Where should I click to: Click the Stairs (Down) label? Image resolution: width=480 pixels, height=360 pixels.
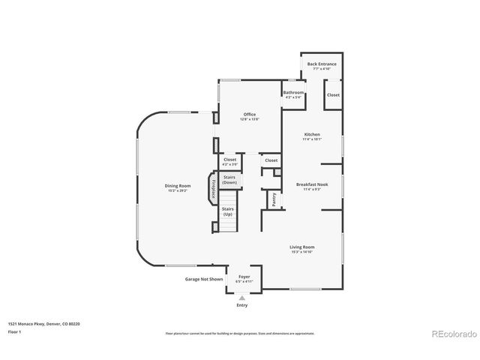tap(229, 179)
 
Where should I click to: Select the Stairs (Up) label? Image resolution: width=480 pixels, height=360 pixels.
tap(227, 211)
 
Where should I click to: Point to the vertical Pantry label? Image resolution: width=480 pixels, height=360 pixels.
tap(274, 199)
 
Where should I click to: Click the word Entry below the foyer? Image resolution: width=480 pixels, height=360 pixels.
tap(241, 305)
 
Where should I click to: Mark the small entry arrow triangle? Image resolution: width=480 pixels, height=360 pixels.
tap(241, 297)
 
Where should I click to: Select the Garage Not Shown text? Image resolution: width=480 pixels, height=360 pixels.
tap(204, 279)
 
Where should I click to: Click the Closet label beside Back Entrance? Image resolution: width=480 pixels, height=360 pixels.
tap(333, 95)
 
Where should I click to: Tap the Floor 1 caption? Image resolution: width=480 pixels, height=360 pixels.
tap(15, 331)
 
